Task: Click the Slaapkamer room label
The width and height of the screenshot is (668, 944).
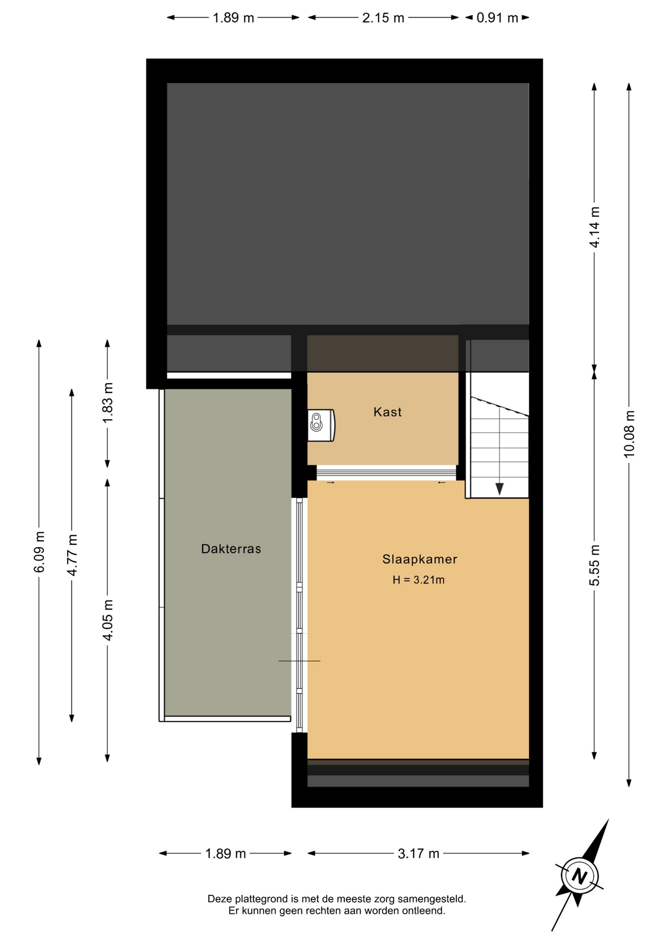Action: tap(420, 559)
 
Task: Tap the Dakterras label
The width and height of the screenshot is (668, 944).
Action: tap(231, 549)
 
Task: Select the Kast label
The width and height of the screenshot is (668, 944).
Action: tap(387, 412)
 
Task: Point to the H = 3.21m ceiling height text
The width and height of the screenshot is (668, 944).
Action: tap(419, 580)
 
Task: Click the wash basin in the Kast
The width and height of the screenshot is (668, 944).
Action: tap(321, 425)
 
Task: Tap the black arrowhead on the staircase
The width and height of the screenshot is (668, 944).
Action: tap(499, 489)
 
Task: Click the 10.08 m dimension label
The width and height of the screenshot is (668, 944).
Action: tap(629, 434)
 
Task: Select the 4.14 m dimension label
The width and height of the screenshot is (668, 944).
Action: tap(595, 227)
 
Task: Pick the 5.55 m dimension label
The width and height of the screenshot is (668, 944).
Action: tap(595, 565)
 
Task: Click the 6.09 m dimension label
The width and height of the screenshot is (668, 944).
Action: tap(39, 552)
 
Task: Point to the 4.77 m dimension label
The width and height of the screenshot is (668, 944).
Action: tap(72, 555)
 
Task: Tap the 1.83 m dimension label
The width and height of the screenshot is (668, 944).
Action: tap(108, 403)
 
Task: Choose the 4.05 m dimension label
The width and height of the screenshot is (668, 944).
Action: tap(108, 620)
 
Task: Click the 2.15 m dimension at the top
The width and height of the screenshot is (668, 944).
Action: tap(383, 18)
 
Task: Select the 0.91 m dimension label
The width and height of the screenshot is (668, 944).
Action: tap(497, 18)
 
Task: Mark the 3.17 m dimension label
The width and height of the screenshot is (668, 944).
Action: tap(419, 854)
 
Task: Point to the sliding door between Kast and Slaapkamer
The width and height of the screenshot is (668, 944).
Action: tap(386, 473)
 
